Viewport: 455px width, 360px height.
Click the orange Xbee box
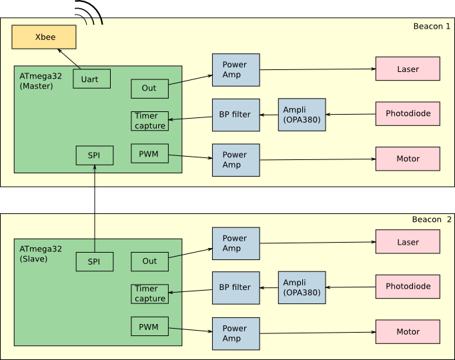(44, 37)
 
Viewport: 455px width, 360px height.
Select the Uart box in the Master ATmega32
(91, 79)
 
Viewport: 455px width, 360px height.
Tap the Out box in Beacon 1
(149, 89)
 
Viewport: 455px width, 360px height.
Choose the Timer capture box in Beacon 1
(149, 121)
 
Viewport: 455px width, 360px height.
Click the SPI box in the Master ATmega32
(94, 155)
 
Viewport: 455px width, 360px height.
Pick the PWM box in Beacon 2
(149, 327)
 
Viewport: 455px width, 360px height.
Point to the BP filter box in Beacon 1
(236, 115)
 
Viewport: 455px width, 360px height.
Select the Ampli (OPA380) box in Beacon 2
(302, 287)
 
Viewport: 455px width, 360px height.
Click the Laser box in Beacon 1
(408, 69)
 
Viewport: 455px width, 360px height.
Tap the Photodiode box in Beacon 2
(408, 287)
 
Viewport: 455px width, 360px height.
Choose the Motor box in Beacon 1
(408, 159)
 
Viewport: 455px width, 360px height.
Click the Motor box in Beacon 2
(408, 331)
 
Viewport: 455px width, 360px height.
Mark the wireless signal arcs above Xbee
(89, 12)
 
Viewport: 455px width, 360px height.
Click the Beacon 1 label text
(432, 27)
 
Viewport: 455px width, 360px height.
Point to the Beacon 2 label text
(431, 219)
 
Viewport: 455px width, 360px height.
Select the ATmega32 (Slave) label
(41, 253)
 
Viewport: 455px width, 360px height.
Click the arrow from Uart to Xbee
(69, 59)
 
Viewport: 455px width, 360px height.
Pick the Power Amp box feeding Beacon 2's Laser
(236, 243)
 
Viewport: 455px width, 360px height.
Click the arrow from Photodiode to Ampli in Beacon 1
(350, 114)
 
